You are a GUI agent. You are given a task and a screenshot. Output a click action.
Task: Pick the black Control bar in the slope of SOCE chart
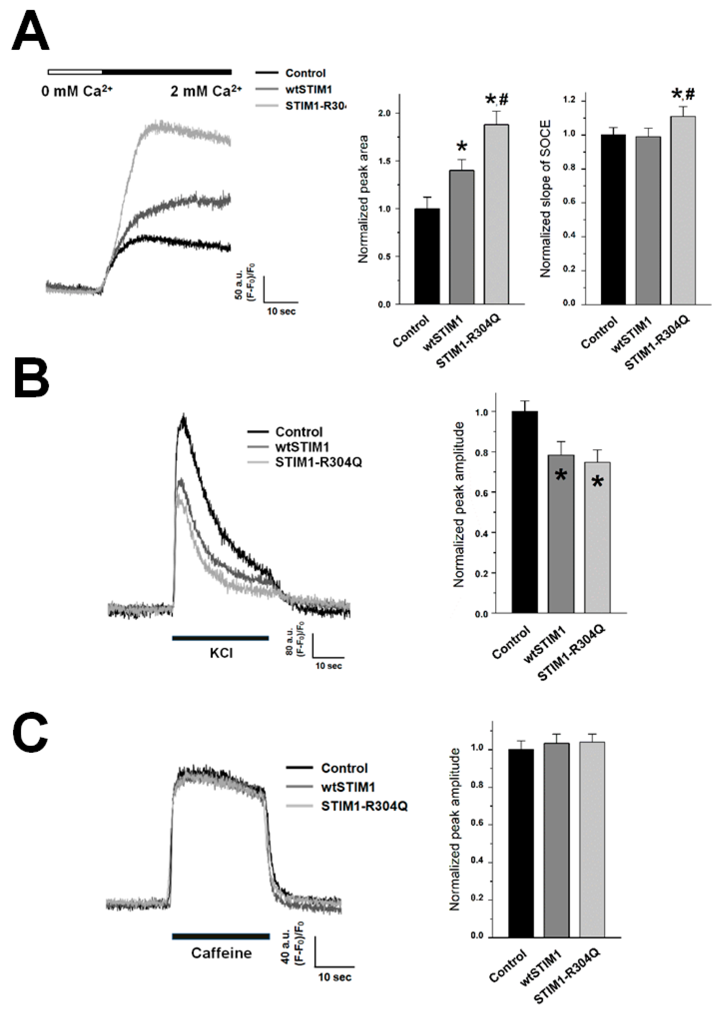613,220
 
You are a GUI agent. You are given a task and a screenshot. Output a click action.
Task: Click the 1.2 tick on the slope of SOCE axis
571,101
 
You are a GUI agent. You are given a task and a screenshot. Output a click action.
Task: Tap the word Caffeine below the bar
221,953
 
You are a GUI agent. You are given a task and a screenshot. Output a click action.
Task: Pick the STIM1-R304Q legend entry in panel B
318,462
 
